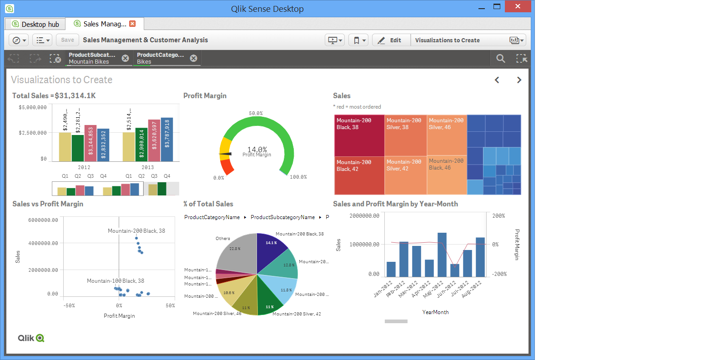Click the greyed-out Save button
67,40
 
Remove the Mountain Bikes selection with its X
126,58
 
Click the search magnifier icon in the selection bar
500,58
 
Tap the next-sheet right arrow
519,80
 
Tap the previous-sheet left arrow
497,80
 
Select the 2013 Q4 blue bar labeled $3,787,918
167,140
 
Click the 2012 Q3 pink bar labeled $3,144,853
91,143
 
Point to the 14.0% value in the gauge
257,149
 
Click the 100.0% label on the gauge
298,177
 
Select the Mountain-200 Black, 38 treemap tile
359,135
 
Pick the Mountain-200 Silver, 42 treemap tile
405,175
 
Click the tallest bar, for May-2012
442,255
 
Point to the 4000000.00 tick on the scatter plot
43,243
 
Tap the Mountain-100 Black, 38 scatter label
116,281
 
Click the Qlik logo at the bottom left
31,338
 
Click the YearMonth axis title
435,312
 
